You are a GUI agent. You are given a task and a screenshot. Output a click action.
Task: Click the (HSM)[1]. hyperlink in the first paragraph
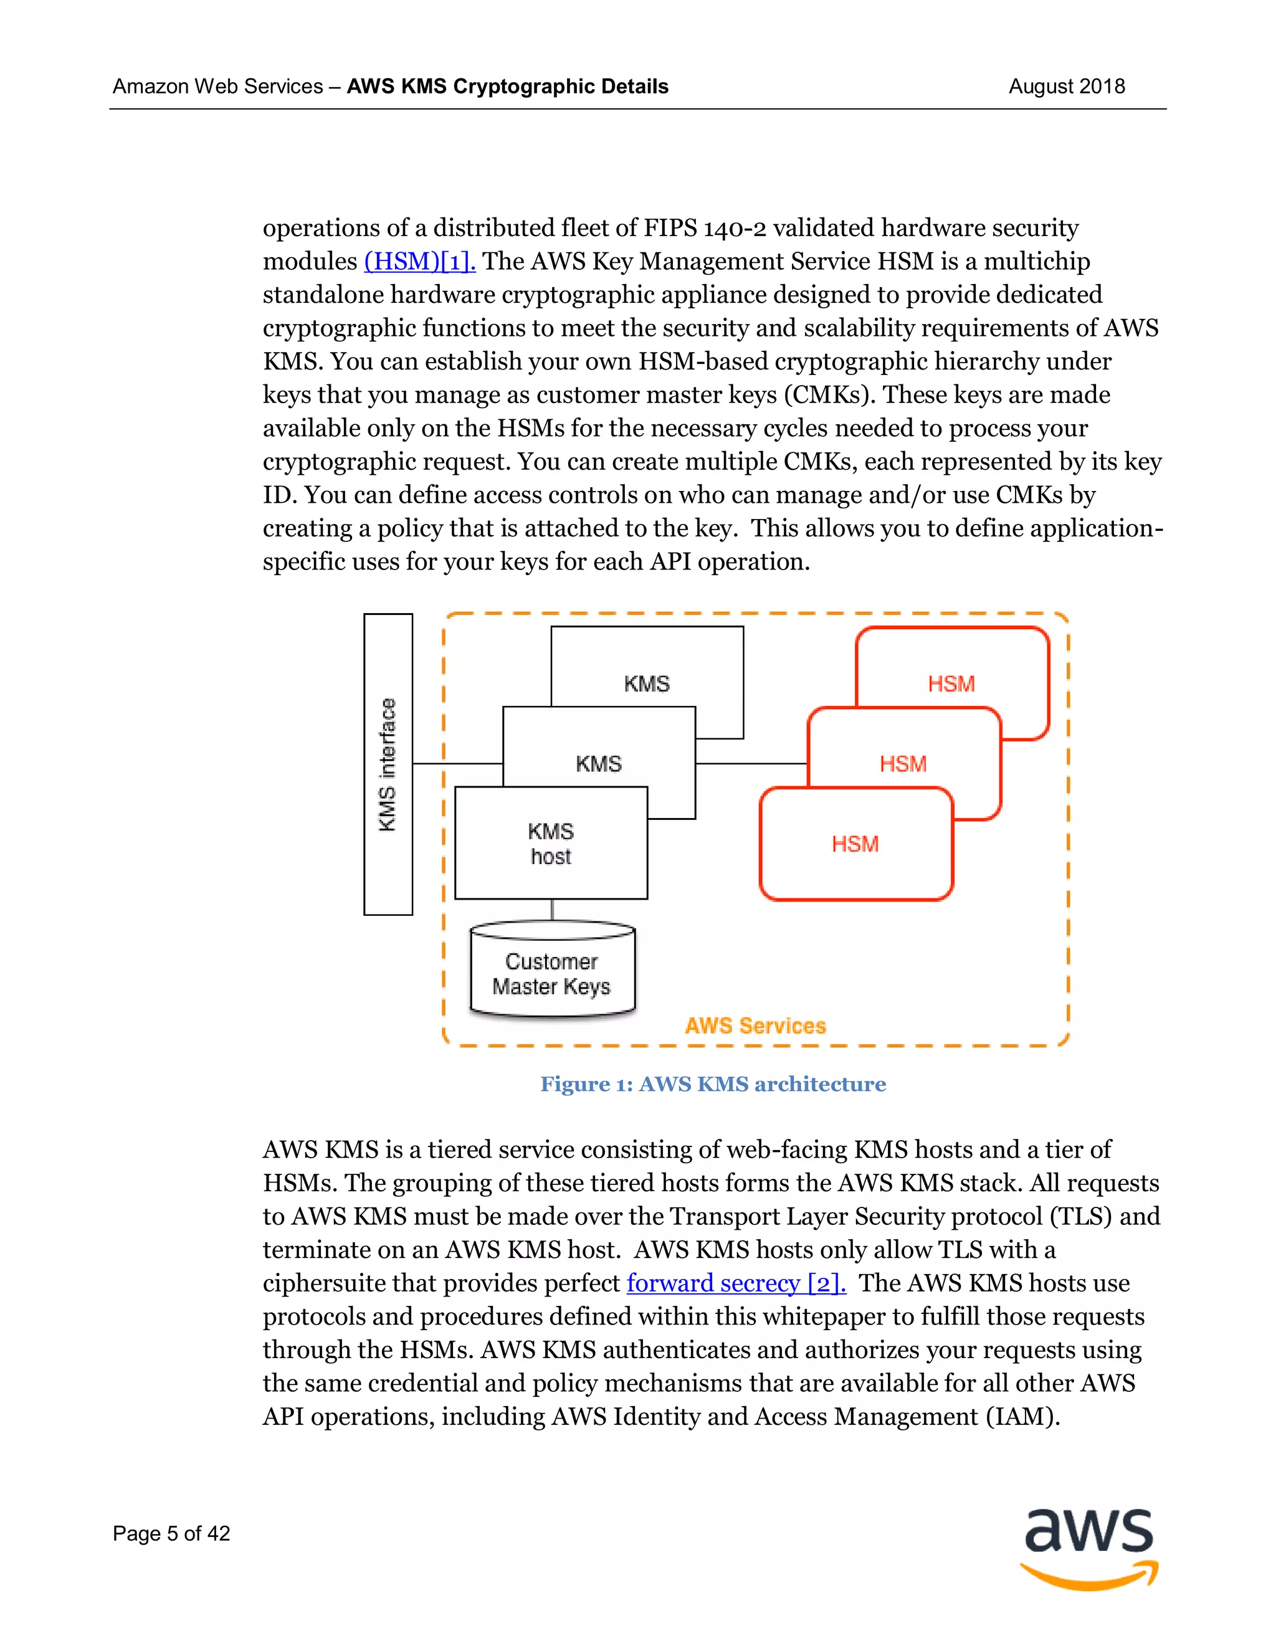(x=419, y=262)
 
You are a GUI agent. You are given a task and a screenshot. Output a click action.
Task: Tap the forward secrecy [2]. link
(x=736, y=1283)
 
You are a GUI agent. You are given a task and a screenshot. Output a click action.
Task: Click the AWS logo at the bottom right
(x=1088, y=1548)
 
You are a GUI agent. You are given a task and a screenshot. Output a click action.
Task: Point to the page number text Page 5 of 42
(x=171, y=1533)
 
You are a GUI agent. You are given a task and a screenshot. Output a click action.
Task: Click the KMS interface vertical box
(x=388, y=764)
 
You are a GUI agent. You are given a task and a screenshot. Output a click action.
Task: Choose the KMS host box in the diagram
(x=550, y=843)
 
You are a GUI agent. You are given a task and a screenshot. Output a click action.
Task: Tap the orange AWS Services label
(x=755, y=1026)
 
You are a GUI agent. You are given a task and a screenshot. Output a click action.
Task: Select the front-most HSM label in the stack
(x=855, y=844)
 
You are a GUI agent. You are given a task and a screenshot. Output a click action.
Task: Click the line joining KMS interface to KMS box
(x=457, y=764)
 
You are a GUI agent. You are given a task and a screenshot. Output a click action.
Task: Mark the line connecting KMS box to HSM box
(x=751, y=764)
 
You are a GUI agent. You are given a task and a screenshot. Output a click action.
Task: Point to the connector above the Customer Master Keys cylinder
(x=552, y=910)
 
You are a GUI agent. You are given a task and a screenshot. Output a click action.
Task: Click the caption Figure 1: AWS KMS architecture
(x=713, y=1084)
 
